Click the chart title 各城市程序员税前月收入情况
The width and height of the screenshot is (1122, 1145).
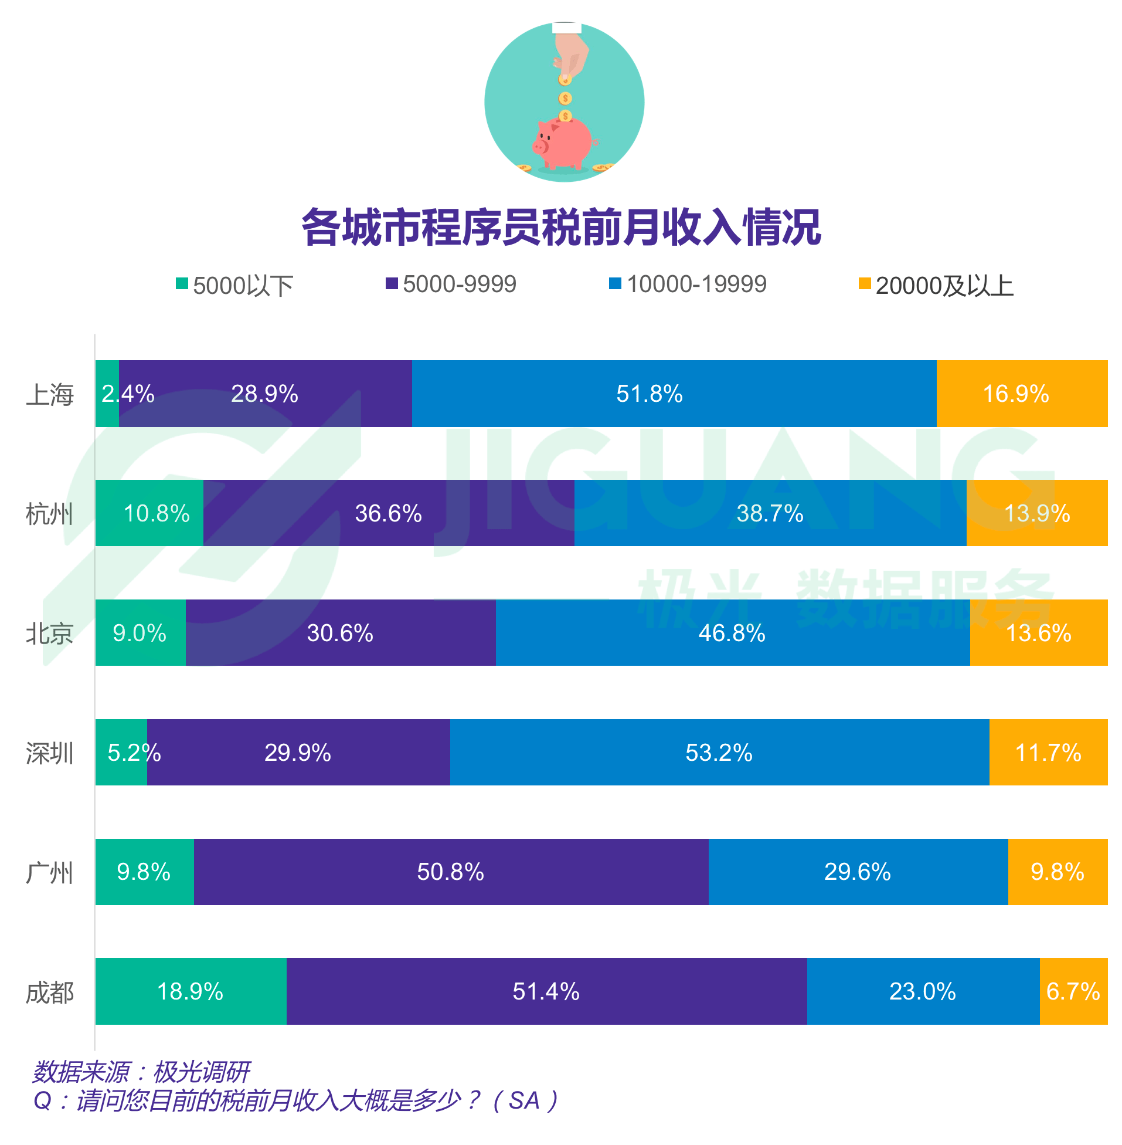[560, 227]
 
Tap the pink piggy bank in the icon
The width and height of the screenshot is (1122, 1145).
[563, 143]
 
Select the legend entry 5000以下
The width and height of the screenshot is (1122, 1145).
[234, 286]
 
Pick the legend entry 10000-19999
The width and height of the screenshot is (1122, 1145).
[688, 284]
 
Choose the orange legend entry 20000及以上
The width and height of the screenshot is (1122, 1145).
[936, 286]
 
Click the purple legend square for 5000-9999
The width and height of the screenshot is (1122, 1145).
[391, 284]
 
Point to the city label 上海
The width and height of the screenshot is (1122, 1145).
[49, 394]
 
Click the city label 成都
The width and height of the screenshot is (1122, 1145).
[49, 992]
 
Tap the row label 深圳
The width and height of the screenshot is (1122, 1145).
[49, 753]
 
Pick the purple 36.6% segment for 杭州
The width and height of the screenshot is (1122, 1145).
[388, 513]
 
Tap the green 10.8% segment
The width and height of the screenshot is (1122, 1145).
[149, 513]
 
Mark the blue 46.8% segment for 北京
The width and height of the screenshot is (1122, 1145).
[733, 634]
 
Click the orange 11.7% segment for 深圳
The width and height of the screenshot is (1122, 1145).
[1048, 753]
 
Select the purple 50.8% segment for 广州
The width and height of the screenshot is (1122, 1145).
[451, 872]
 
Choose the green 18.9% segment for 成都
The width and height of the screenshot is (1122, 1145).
[191, 992]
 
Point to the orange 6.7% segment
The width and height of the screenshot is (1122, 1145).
[1073, 992]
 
